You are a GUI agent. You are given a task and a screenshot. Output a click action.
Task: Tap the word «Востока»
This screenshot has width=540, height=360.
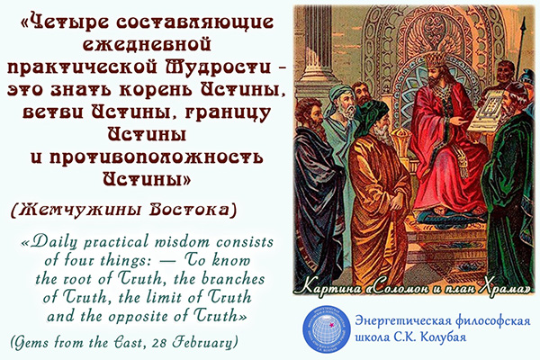(190, 209)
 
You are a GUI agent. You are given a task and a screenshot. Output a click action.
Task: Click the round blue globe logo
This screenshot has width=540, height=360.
(326, 329)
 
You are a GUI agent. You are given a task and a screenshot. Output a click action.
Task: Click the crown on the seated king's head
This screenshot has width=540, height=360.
(435, 58)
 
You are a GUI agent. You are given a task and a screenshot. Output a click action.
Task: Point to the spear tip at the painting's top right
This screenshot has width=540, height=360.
(524, 25)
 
